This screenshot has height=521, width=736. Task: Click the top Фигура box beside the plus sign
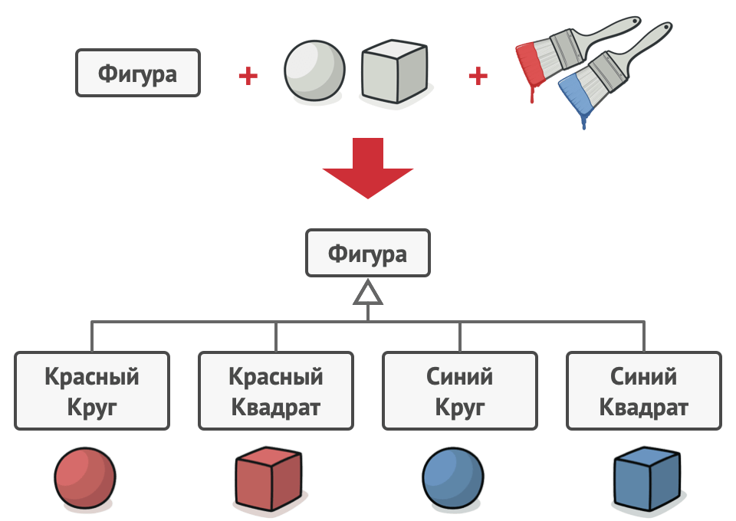click(x=138, y=73)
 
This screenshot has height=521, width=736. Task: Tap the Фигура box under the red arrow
click(x=368, y=253)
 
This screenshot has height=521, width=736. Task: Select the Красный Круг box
click(x=92, y=391)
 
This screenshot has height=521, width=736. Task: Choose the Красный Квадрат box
click(x=276, y=391)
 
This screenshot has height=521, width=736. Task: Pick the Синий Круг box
click(x=460, y=391)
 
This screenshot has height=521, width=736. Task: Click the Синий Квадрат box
click(x=644, y=391)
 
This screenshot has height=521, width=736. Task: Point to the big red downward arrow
click(x=368, y=168)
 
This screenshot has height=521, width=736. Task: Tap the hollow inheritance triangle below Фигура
click(x=368, y=293)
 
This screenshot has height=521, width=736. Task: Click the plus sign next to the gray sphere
click(x=248, y=76)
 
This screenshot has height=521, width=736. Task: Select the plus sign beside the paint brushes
click(x=478, y=76)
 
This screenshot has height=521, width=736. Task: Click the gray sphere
click(x=314, y=70)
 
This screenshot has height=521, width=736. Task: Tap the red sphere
click(x=85, y=478)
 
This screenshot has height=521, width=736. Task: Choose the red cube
click(x=268, y=479)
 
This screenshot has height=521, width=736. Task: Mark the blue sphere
click(x=453, y=478)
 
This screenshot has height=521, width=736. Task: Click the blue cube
click(x=647, y=479)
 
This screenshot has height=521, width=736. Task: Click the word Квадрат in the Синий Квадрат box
click(x=644, y=408)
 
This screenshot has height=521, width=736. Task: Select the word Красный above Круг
click(x=92, y=376)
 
